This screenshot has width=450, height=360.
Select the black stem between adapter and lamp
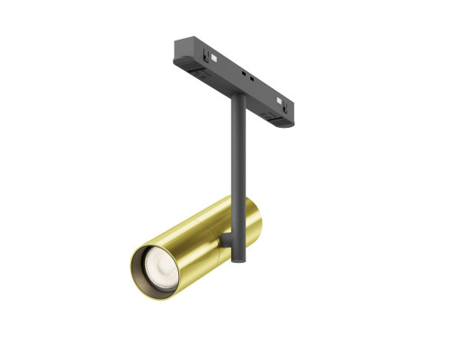coord(237,144)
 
